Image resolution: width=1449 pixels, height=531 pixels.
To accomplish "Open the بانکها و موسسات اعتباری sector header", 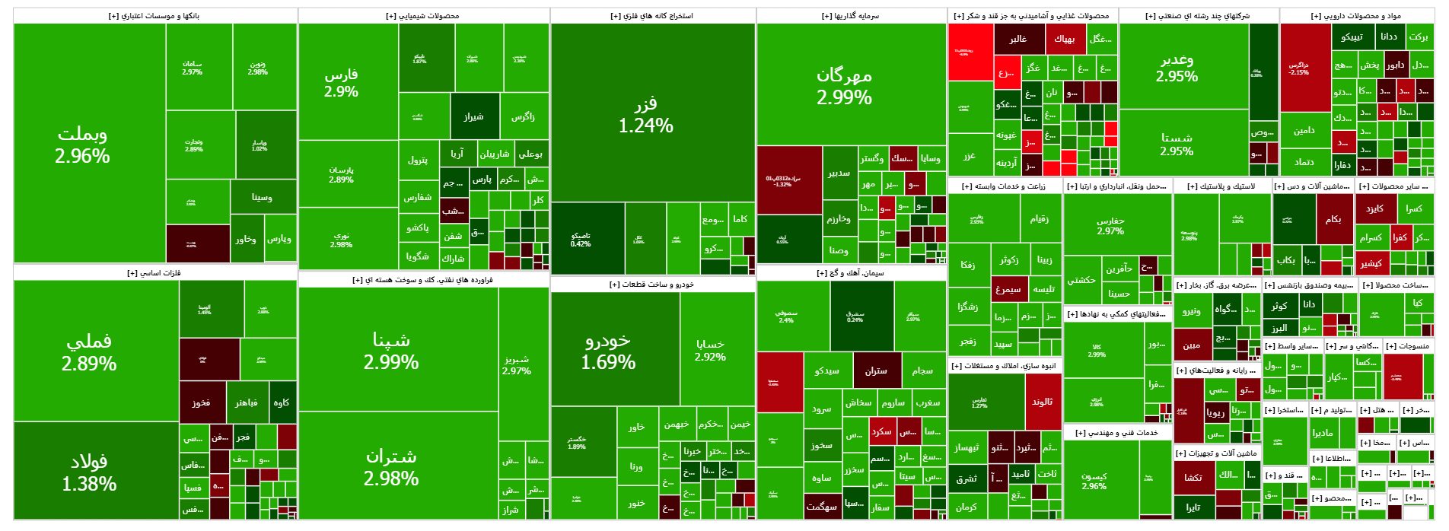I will (154, 16).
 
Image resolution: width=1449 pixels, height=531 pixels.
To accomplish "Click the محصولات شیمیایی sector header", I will (423, 16).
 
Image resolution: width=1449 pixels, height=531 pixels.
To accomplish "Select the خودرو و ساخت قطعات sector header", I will (652, 285).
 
